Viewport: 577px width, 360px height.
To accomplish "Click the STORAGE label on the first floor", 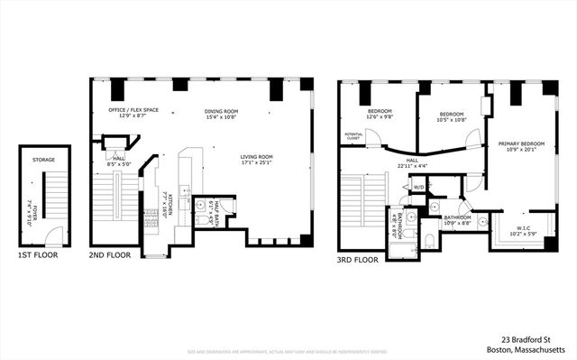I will [x=44, y=160].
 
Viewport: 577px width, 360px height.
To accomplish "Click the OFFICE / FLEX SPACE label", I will [x=133, y=110].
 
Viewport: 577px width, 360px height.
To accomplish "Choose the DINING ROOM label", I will [x=221, y=110].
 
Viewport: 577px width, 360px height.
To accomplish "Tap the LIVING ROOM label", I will [x=256, y=157].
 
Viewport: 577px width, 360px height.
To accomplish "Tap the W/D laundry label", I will [x=417, y=187].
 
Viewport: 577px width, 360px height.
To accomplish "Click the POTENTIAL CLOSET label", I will [x=353, y=137].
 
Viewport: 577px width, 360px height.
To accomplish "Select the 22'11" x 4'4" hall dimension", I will [x=410, y=166].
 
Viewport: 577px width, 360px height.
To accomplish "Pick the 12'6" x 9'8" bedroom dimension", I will [x=380, y=117].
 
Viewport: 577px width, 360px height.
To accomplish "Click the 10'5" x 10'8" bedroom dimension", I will [x=451, y=119].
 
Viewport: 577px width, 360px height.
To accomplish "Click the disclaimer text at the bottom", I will [x=287, y=353].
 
